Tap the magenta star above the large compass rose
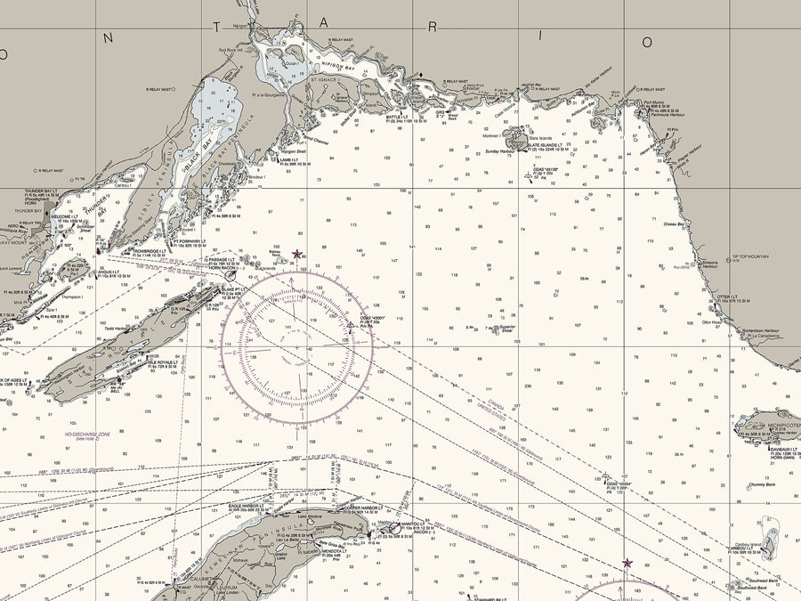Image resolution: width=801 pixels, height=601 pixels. (x=296, y=254)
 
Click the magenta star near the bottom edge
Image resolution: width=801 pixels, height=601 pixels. (x=627, y=563)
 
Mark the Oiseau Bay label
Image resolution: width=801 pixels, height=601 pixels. (x=674, y=224)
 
